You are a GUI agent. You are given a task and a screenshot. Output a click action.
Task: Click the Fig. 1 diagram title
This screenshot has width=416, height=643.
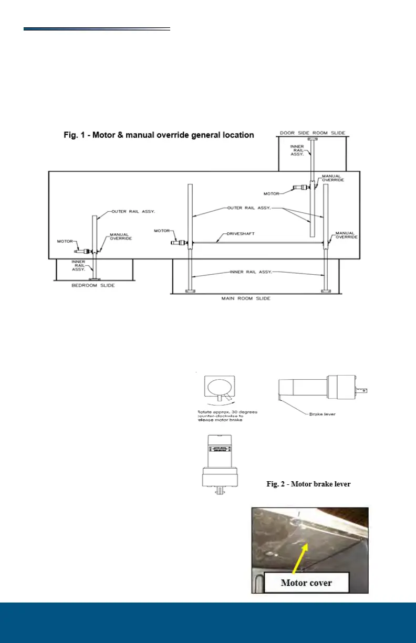[159, 135]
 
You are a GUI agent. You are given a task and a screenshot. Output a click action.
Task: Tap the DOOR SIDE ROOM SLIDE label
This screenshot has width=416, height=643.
[312, 133]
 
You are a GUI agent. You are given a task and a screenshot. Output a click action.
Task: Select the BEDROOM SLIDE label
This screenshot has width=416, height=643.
[93, 285]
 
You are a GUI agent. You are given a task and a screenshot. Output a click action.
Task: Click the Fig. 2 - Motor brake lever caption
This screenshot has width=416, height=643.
[308, 484]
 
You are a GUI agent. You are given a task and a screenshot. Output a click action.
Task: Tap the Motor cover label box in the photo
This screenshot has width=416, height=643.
[307, 583]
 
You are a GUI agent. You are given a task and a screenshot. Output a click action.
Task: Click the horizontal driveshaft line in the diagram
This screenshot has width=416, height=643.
[257, 242]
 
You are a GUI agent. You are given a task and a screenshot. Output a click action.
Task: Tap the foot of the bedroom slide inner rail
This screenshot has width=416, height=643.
[94, 279]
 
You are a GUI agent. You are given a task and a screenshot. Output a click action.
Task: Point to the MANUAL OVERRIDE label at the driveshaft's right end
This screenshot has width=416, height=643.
[346, 235]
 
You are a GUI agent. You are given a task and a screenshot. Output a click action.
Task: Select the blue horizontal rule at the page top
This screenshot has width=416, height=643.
[97, 29]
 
